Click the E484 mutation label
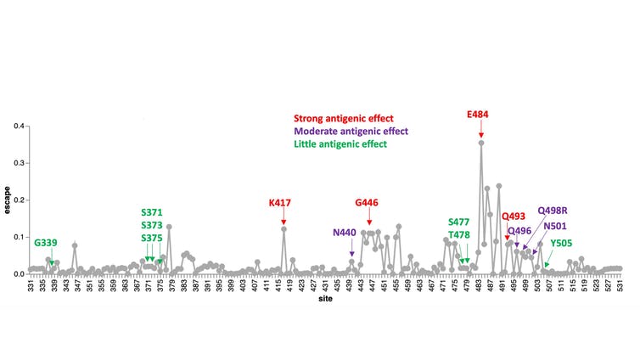pos(478,114)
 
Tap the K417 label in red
pos(280,203)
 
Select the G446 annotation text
pos(368,203)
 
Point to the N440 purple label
pos(345,232)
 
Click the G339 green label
pos(46,243)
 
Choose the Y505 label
pos(561,243)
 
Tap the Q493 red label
pos(514,217)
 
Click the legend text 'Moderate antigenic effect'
pos(351,132)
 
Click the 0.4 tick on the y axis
pos(18,126)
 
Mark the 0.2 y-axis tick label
pos(18,200)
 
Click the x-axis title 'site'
pos(325,300)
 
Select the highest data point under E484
pos(481,143)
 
